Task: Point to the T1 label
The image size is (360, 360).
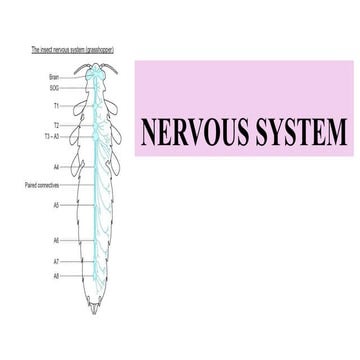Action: (x=55, y=104)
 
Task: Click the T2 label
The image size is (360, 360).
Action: (x=55, y=125)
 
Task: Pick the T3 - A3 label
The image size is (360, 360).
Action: (x=51, y=135)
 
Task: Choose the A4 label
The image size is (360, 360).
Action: (x=55, y=166)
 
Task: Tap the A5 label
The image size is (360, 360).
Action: (x=55, y=205)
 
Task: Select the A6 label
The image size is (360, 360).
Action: (x=55, y=240)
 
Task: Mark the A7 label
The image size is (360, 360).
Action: (x=55, y=261)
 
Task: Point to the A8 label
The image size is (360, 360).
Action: (x=55, y=274)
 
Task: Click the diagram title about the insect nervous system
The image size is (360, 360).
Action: (x=69, y=47)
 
